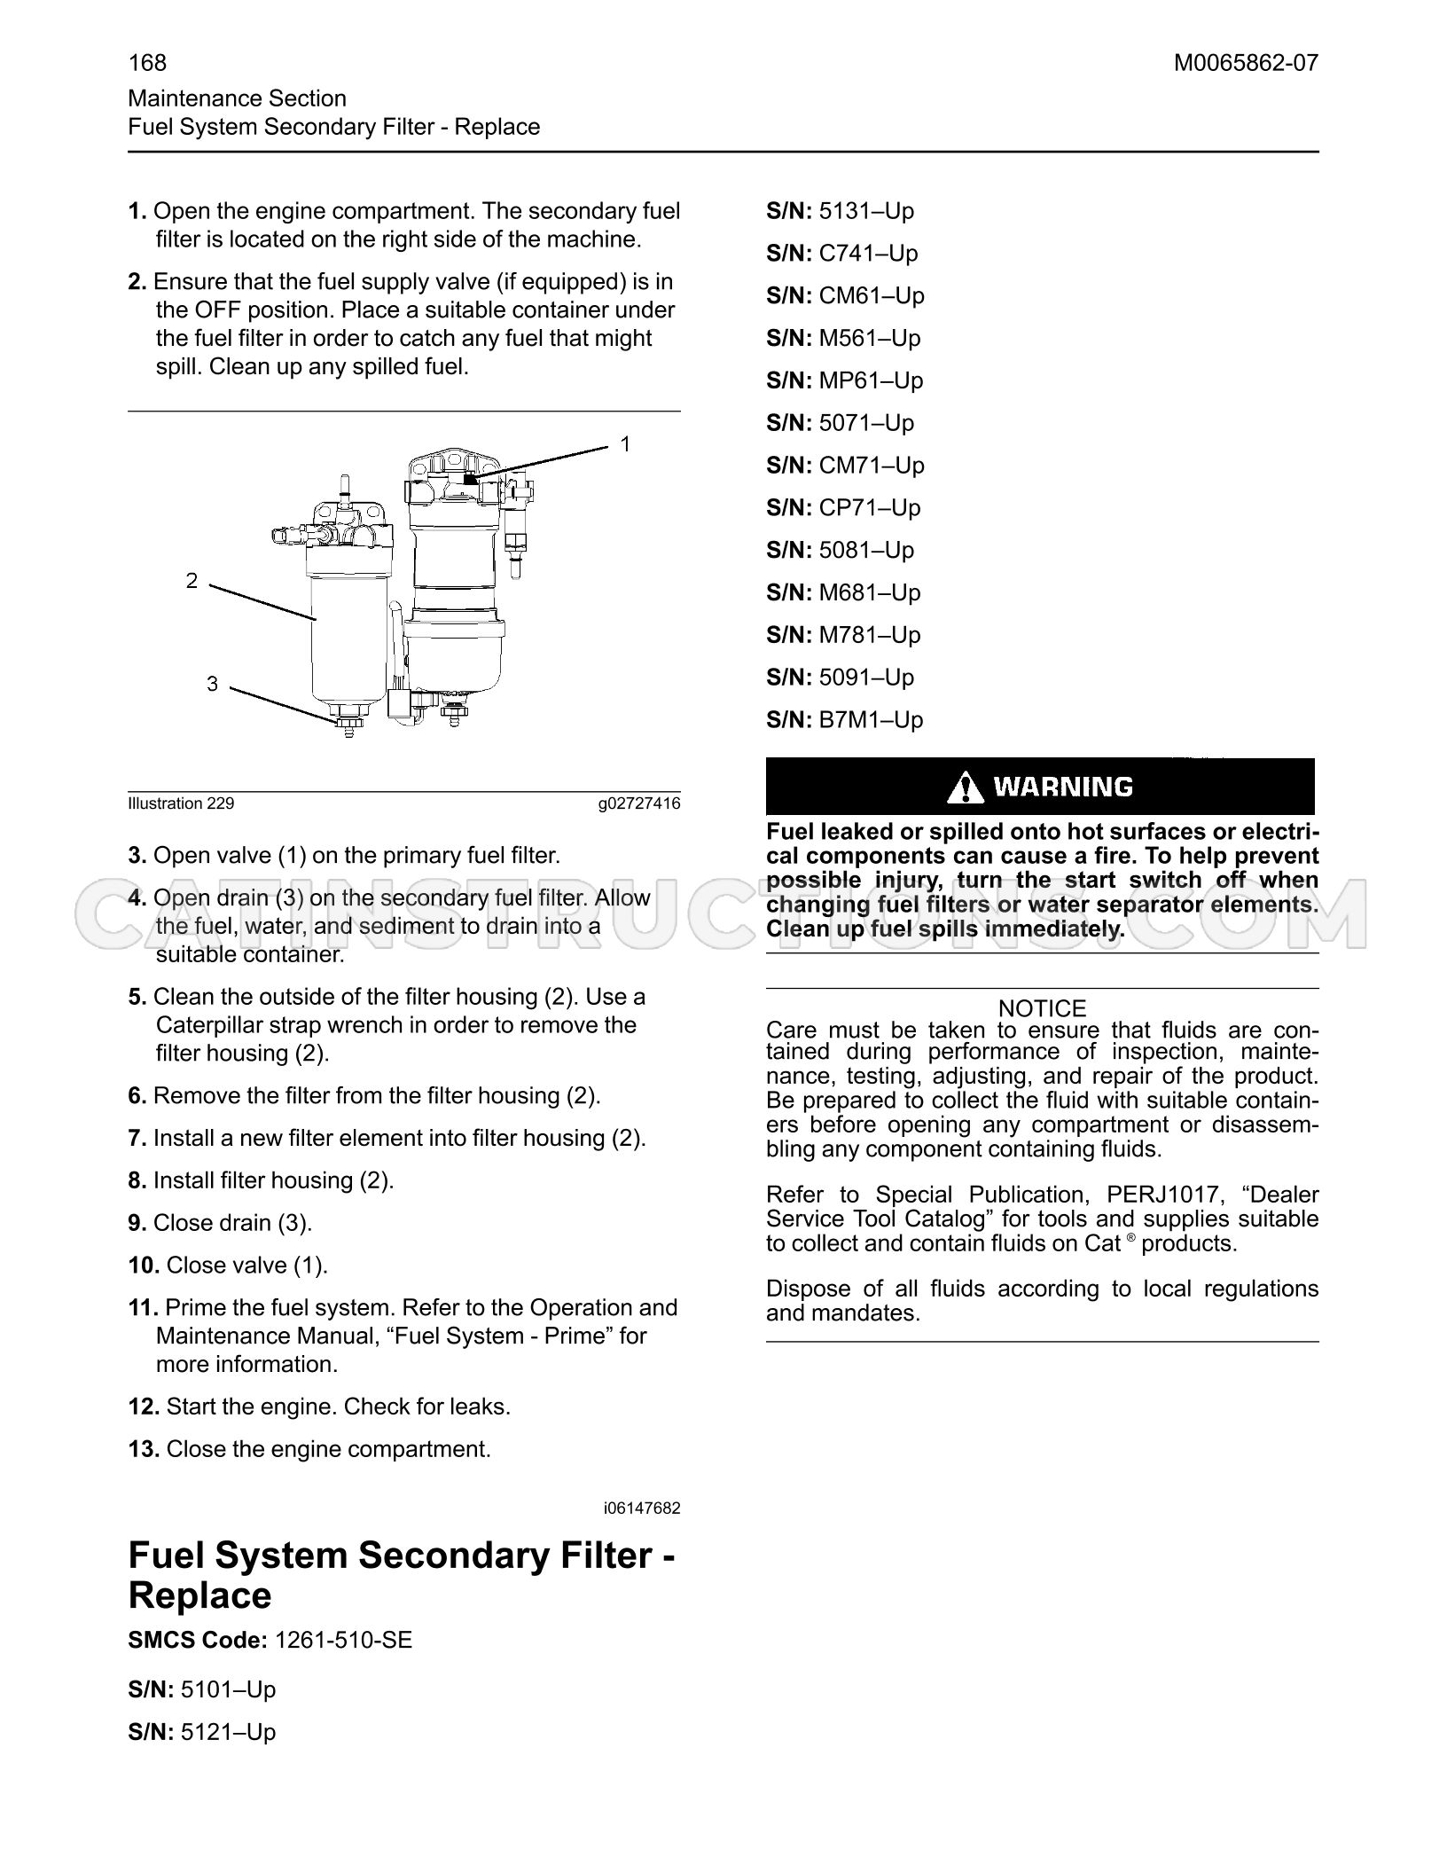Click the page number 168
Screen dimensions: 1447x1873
click(x=147, y=62)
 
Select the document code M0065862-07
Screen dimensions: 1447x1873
click(x=1246, y=62)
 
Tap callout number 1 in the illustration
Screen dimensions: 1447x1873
click(x=625, y=443)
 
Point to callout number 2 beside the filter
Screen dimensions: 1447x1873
click(x=192, y=581)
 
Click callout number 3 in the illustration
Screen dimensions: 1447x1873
click(x=212, y=684)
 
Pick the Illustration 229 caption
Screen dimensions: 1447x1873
click(x=181, y=803)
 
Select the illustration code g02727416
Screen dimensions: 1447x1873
click(x=639, y=803)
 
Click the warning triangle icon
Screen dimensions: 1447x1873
click(x=965, y=787)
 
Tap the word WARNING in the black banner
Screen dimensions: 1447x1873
click(x=1063, y=787)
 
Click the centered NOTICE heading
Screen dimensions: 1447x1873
click(x=1042, y=1008)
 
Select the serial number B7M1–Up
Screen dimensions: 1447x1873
click(x=871, y=719)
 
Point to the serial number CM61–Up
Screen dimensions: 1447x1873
click(x=872, y=295)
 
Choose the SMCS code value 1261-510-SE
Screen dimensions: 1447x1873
click(x=344, y=1640)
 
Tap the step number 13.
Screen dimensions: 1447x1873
click(x=144, y=1449)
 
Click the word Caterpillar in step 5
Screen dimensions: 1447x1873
click(x=209, y=1025)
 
